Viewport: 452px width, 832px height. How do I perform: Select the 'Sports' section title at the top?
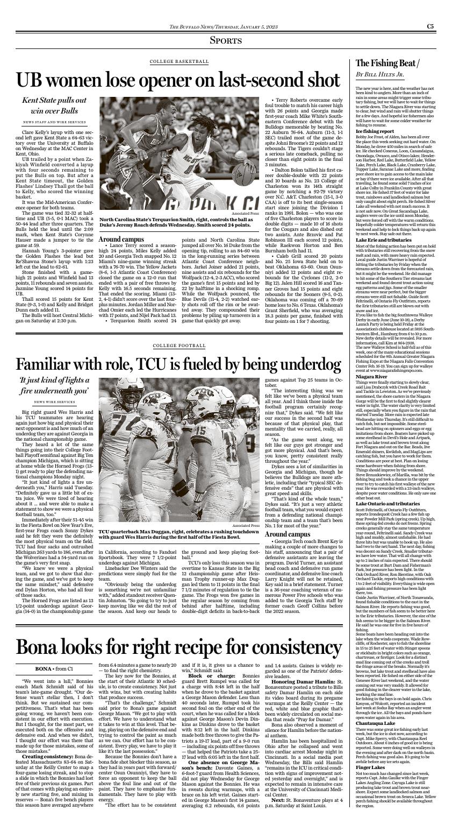[225, 40]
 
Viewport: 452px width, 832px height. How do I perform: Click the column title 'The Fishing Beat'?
[386, 64]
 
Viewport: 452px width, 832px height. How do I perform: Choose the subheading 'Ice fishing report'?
[372, 131]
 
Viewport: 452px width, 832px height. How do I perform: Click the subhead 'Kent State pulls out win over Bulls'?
[54, 105]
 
